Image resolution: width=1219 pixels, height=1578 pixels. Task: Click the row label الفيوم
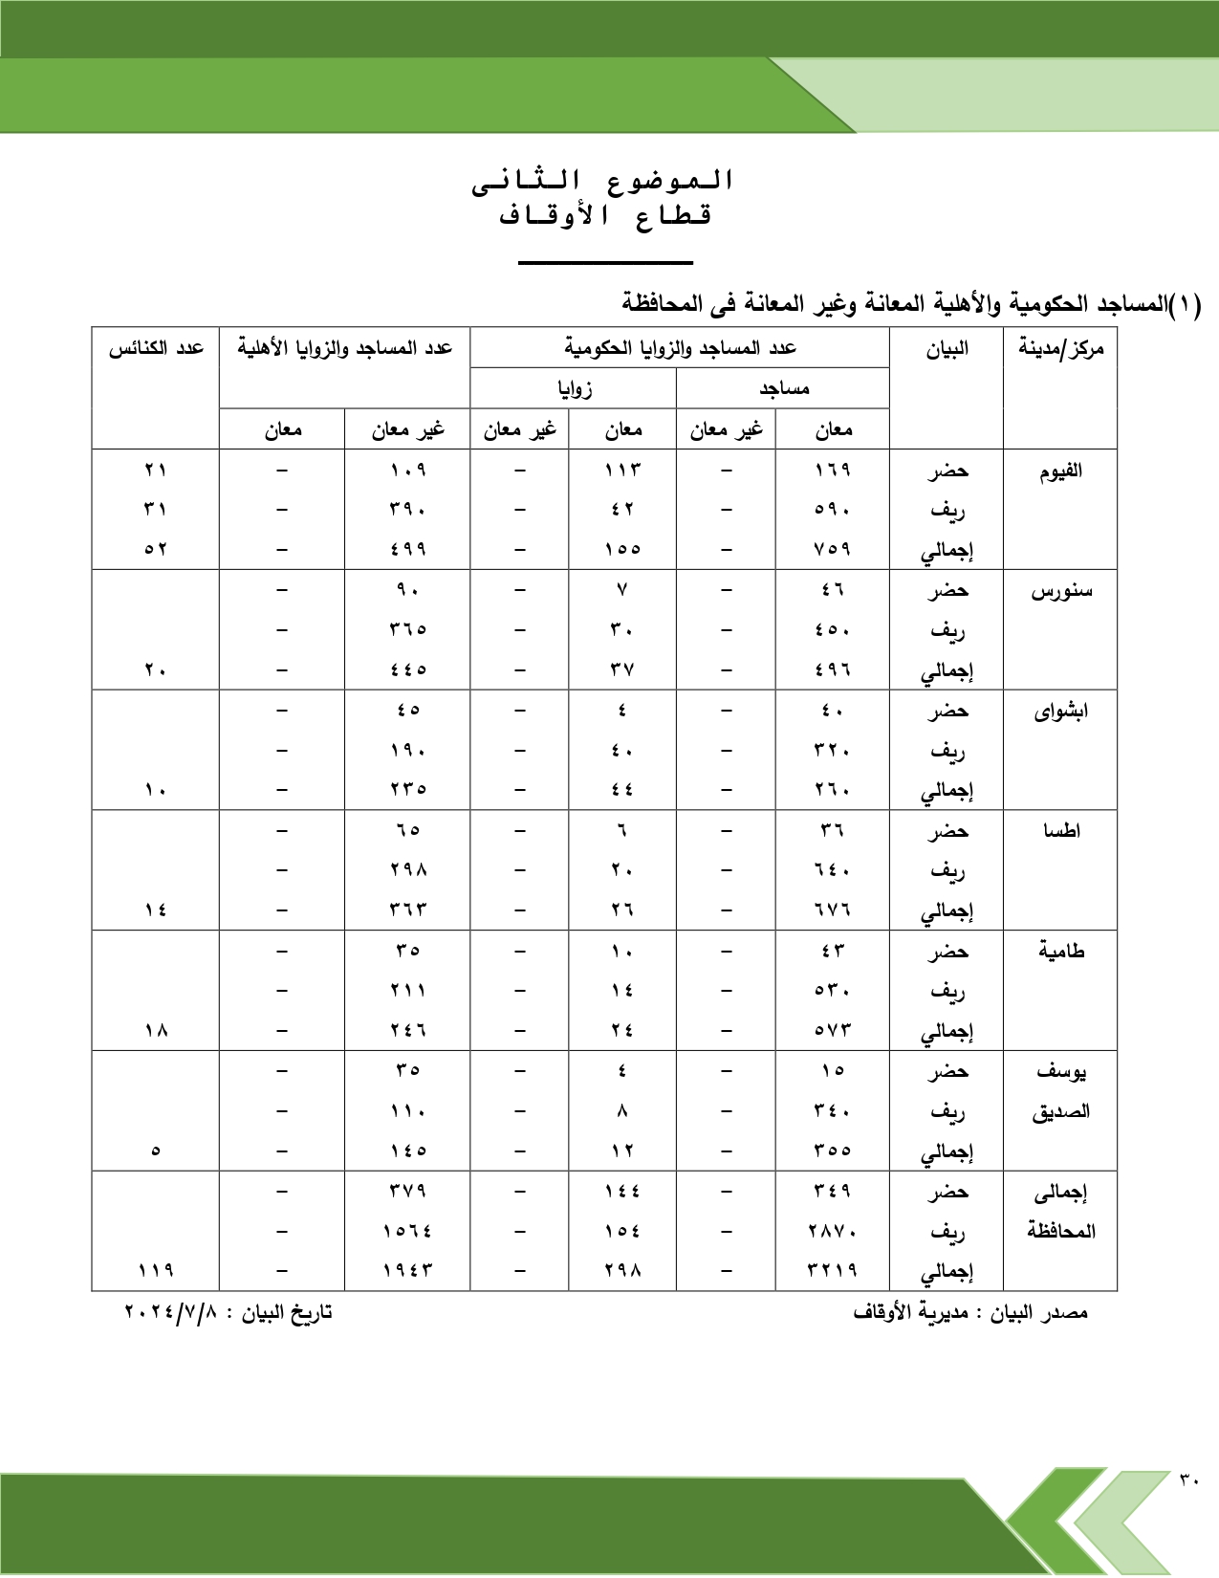pos(1060,471)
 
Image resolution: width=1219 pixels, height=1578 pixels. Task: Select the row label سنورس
pos(1060,591)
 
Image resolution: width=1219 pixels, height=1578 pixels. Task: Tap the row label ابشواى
pos(1060,712)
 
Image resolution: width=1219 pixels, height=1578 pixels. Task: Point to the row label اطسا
pos(1061,831)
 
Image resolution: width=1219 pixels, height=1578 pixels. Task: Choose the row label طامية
pos(1061,952)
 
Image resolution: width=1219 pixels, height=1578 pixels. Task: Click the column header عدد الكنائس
pos(156,348)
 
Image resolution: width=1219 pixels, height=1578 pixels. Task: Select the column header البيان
pos(947,349)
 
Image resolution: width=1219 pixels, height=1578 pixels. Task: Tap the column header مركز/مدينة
pos(1060,349)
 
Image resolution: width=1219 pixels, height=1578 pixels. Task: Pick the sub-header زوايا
pos(575,388)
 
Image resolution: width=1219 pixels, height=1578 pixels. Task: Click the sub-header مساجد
pos(784,388)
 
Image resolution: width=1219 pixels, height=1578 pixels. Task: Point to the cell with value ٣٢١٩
pos(833,1270)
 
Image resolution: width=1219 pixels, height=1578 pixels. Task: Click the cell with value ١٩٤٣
pos(408,1270)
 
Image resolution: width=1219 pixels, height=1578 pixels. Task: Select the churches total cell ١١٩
pos(156,1270)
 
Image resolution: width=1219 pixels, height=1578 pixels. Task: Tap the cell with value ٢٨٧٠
pos(833,1231)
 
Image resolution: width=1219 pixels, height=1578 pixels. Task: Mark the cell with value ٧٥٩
pos(833,549)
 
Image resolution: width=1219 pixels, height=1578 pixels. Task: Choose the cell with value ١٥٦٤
pos(408,1231)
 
